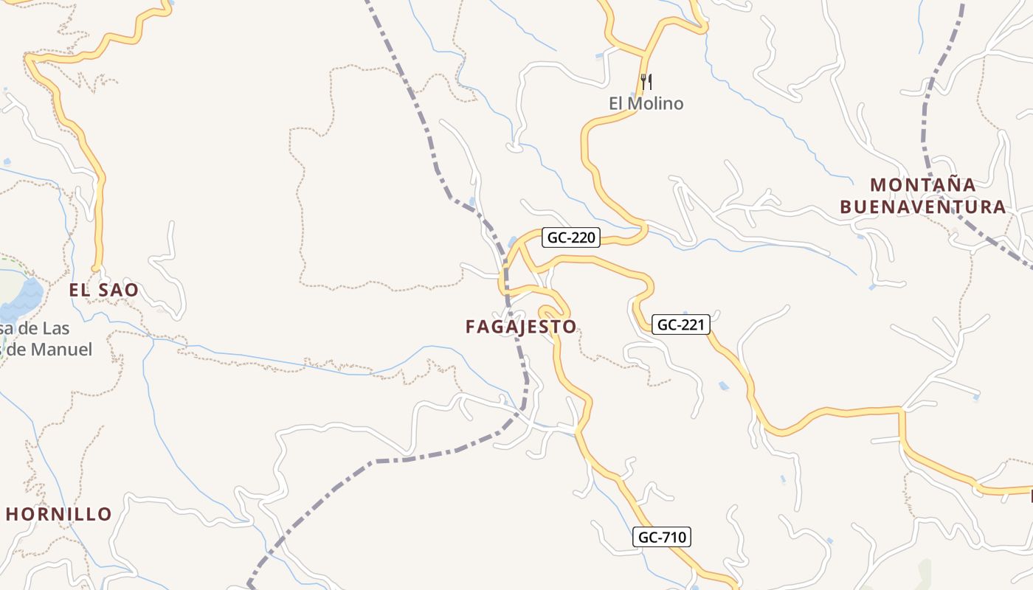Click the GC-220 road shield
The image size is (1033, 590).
pos(571,237)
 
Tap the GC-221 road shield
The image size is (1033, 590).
pos(680,324)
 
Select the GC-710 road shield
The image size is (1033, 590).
pos(661,538)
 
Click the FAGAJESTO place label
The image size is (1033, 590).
pos(521,327)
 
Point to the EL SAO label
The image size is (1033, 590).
pos(103,290)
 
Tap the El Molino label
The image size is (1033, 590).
pos(646,103)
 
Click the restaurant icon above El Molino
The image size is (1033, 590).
pos(646,81)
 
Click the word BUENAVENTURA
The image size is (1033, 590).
pos(922,206)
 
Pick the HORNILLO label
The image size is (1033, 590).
pos(59,514)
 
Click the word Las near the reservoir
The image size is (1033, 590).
pos(55,328)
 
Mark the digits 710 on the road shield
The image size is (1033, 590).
pos(673,538)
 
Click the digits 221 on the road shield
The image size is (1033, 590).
pos(693,324)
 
